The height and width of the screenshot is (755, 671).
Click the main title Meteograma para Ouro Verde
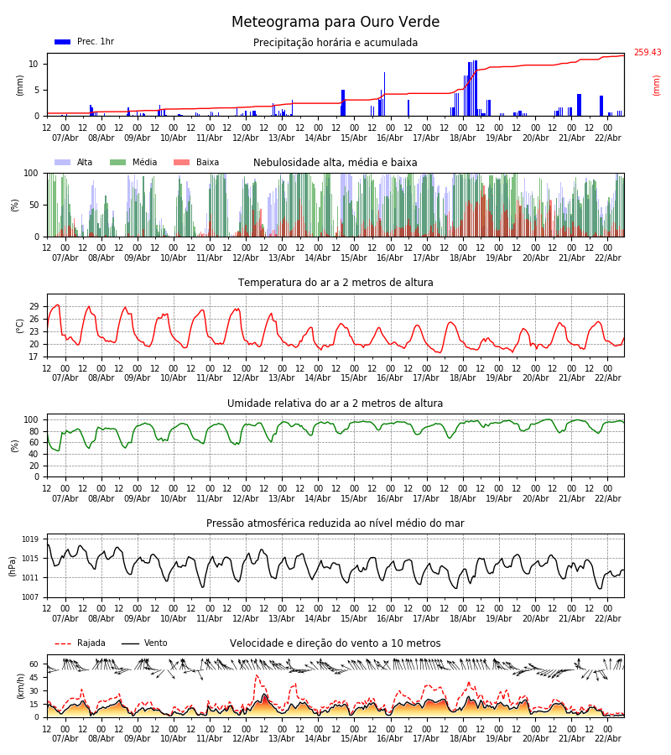pos(335,23)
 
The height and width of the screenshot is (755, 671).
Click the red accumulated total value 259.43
pos(647,53)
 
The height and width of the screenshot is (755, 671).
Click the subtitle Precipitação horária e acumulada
pos(335,43)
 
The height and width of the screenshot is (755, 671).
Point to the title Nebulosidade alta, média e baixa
pos(335,163)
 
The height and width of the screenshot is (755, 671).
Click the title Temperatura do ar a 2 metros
pos(335,283)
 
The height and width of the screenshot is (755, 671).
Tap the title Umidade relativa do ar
pos(335,404)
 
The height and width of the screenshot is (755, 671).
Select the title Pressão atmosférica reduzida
pos(335,523)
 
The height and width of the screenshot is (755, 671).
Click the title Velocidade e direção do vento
pos(335,643)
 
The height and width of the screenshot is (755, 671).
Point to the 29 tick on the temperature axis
pos(34,307)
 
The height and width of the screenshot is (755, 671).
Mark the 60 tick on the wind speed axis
pos(34,664)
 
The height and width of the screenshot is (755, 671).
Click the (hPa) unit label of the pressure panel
pos(13,565)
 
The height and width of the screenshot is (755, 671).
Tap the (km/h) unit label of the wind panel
pos(21,685)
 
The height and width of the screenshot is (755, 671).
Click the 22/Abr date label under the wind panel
pos(607,738)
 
